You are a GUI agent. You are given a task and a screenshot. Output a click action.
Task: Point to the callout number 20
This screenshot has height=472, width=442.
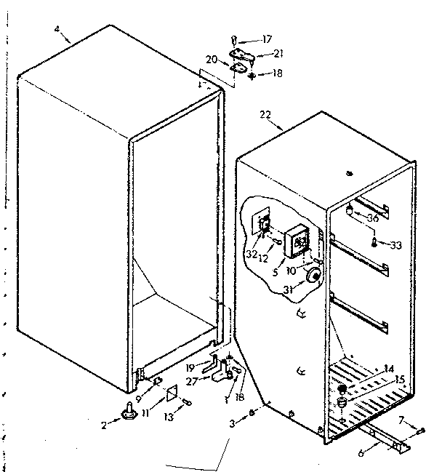coord(211,60)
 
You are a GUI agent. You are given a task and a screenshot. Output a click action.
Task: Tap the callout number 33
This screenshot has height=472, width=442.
coord(395,245)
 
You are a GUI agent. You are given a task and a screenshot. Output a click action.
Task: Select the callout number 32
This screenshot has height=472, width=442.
coord(252,255)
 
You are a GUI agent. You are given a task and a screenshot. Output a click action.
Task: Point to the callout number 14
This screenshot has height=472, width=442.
coord(389,369)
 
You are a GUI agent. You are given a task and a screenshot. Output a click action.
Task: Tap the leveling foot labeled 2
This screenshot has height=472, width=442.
coord(130,415)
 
